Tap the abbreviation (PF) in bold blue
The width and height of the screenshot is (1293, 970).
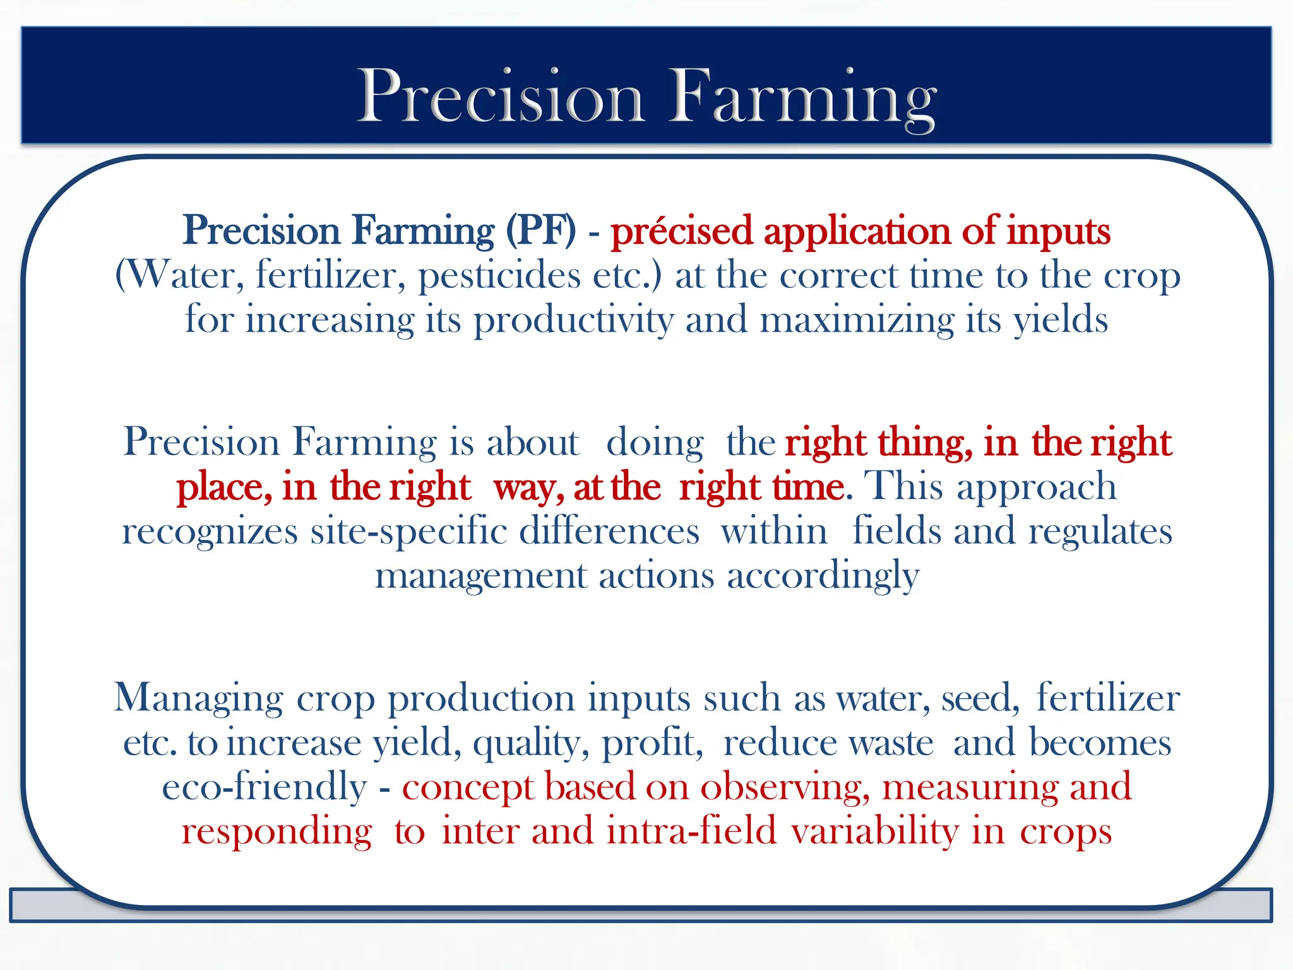[541, 231]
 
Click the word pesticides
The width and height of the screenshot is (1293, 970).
[499, 277]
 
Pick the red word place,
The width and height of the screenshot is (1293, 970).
[224, 488]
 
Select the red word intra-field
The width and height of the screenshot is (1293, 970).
[691, 831]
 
